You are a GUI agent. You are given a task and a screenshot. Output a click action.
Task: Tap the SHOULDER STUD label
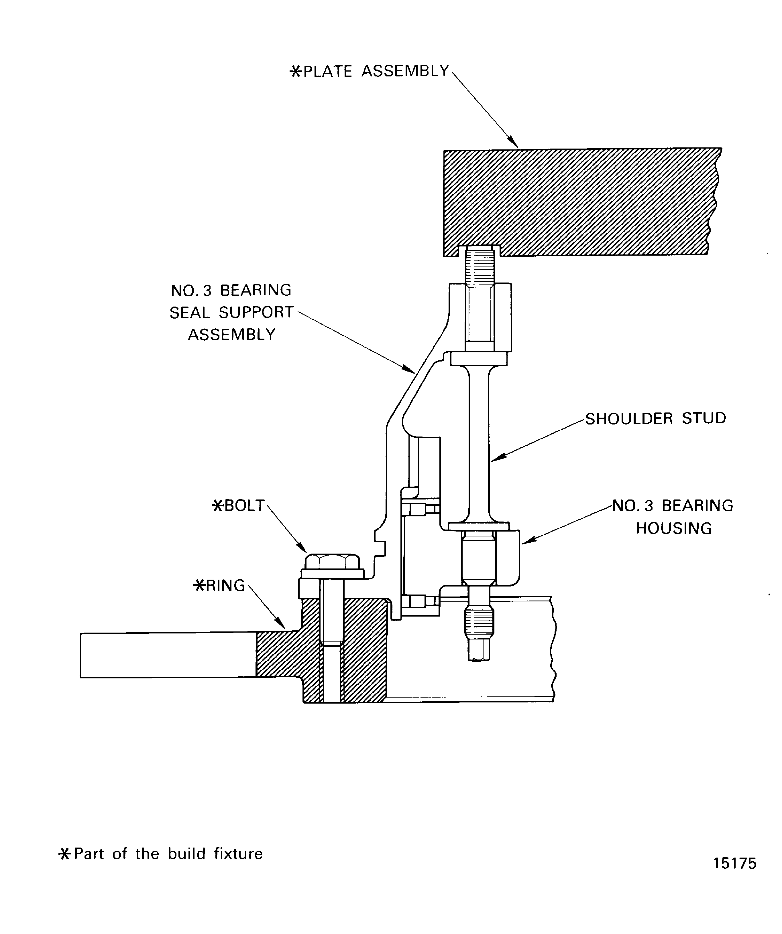click(x=655, y=418)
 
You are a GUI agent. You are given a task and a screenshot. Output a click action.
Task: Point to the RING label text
click(x=225, y=586)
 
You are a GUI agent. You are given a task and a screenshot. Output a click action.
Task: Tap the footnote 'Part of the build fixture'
click(x=168, y=854)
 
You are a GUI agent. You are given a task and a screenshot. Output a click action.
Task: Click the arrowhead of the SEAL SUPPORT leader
click(x=411, y=370)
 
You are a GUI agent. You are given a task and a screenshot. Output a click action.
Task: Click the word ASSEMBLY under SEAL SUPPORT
click(x=231, y=334)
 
